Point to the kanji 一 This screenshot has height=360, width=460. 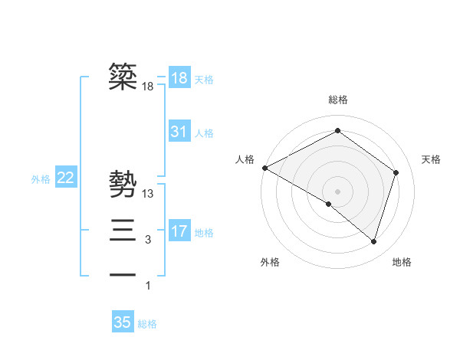coord(123,274)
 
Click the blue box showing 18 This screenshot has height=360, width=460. coord(179,78)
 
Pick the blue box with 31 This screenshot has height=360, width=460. coord(179,132)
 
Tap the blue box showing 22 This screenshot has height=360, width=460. coord(66,178)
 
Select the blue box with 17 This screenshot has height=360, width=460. coord(179,231)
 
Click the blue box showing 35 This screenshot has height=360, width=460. coord(123,322)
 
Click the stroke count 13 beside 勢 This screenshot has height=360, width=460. coord(148,195)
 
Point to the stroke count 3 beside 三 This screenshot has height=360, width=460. coord(148,240)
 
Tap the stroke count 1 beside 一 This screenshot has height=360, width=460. coord(148,286)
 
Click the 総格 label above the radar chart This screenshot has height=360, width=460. coord(338,100)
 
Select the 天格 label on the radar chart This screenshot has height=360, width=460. coord(431,159)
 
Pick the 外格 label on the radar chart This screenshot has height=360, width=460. coord(270,263)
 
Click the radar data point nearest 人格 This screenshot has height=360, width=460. coord(264,168)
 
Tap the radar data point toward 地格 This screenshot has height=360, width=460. coord(373,242)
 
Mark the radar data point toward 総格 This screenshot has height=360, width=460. coord(337,131)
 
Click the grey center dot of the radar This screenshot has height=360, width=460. coord(337,191)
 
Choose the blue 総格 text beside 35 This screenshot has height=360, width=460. coord(147,324)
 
